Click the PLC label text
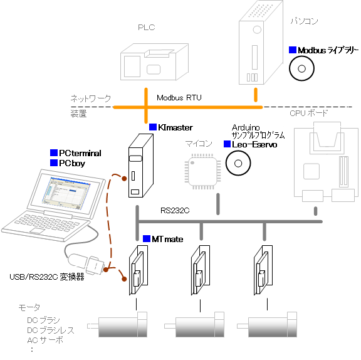(x=147, y=28)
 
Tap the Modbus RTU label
(x=179, y=98)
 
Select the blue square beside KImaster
(x=153, y=127)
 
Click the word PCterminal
(x=80, y=153)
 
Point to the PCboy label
(x=72, y=163)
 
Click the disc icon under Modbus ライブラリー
(x=301, y=68)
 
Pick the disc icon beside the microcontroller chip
(x=238, y=163)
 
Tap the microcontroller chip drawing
(x=202, y=171)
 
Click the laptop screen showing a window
(x=65, y=193)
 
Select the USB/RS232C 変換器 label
(x=47, y=277)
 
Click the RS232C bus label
(x=175, y=211)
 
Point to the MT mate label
(x=167, y=239)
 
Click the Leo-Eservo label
(x=254, y=144)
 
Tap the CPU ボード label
(x=308, y=113)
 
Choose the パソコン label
(x=304, y=21)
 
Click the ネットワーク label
(x=91, y=98)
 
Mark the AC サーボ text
(x=45, y=340)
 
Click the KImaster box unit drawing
(x=141, y=166)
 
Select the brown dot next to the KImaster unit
(x=124, y=179)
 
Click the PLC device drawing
(x=154, y=61)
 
